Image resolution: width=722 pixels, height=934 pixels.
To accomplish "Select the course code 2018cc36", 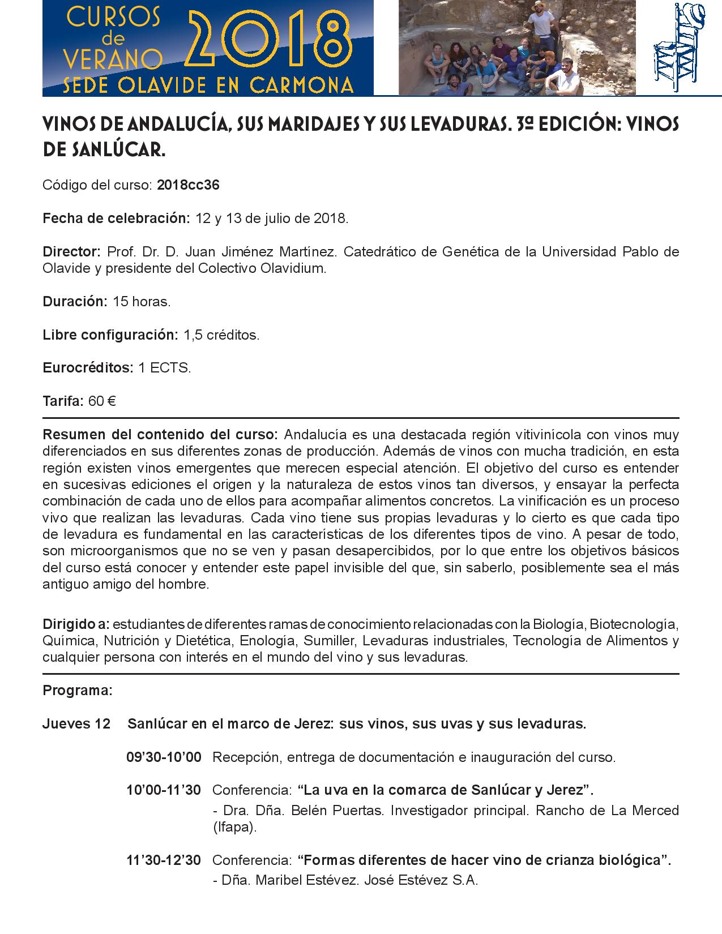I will coord(188,185).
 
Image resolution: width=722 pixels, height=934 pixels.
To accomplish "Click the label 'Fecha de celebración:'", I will coord(116,218).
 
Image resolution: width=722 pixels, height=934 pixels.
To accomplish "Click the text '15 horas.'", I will coord(142,302).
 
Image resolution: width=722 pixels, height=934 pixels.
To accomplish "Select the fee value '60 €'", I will coord(102,401).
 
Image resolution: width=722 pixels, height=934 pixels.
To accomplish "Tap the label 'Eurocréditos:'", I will coord(88,368).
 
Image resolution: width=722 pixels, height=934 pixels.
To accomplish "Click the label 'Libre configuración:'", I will coord(110,335).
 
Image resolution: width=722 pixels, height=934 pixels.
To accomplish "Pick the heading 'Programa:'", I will coord(78,691).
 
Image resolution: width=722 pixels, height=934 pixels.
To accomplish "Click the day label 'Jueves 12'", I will coord(76,724).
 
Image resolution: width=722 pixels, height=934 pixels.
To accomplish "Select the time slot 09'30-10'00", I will coord(164,757).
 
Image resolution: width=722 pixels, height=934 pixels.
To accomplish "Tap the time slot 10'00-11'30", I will coord(164,790).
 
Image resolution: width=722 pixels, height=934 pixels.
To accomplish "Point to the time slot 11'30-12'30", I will coord(164,860).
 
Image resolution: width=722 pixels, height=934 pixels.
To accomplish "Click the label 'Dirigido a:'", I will coord(76,625).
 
